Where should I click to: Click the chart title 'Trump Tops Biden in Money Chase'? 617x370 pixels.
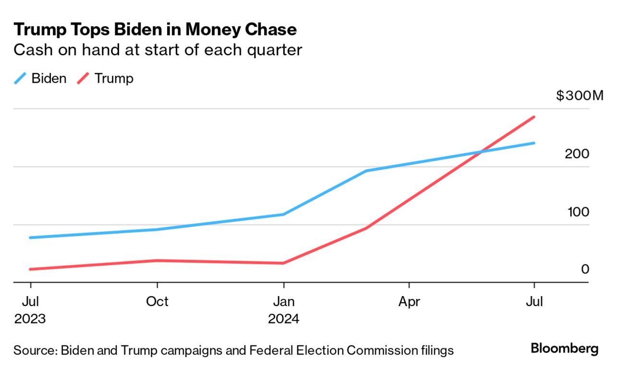(155, 30)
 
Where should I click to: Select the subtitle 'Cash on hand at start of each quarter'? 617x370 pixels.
(157, 50)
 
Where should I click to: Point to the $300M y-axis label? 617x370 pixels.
(579, 96)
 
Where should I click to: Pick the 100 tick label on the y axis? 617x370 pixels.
(578, 212)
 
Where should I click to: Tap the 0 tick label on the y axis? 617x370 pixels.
(585, 270)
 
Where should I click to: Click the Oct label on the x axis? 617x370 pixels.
(157, 302)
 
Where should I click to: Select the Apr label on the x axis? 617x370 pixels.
(409, 302)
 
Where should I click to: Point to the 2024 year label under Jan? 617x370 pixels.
(284, 319)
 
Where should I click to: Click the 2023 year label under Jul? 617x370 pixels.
(30, 319)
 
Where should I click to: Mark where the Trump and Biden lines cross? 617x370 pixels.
(482, 152)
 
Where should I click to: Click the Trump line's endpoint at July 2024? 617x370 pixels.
(534, 117)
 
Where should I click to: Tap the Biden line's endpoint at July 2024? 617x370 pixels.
(534, 143)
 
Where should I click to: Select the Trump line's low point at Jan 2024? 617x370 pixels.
(284, 263)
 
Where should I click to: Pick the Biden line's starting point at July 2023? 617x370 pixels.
(30, 238)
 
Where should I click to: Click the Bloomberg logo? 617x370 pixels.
(565, 348)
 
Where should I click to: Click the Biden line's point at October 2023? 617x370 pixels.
(157, 230)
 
